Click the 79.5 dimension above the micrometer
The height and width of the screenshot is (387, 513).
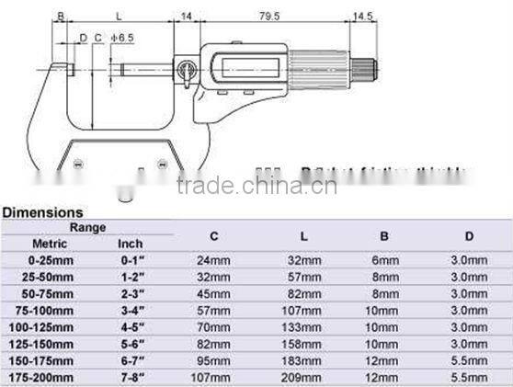270,16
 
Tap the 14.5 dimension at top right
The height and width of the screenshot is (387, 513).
362,16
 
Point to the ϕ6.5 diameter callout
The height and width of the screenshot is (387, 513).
121,37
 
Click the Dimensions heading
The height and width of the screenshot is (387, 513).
42,212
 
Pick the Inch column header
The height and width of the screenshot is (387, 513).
130,244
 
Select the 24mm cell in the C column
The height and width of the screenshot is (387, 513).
212,260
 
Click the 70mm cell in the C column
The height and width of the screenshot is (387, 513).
212,325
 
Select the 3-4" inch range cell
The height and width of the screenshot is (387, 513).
131,309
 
